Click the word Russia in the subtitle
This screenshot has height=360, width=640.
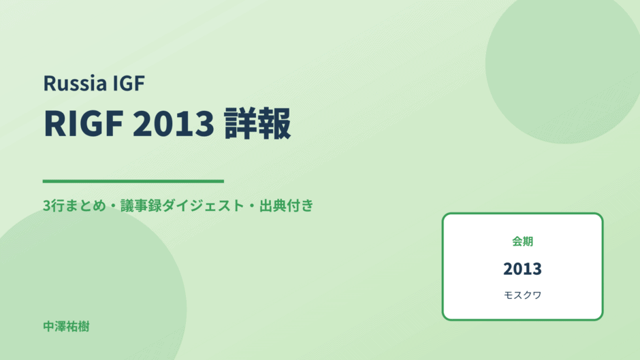click(x=75, y=83)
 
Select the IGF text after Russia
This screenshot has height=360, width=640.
click(x=129, y=83)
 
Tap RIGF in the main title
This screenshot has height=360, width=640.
click(x=84, y=123)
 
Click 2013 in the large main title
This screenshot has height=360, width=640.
click(x=174, y=123)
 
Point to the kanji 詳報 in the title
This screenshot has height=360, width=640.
click(x=257, y=123)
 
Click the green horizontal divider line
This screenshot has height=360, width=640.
click(x=133, y=181)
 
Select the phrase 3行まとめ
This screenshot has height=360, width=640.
click(x=74, y=206)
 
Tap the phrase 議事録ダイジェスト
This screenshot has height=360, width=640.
click(x=182, y=206)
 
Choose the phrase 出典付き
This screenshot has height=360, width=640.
click(x=287, y=206)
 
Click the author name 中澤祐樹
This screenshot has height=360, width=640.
click(x=66, y=327)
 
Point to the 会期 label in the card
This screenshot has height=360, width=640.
click(x=522, y=241)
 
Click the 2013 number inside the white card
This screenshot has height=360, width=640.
click(x=522, y=269)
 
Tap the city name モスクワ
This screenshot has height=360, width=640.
click(x=522, y=295)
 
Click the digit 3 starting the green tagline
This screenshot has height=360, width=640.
click(x=46, y=206)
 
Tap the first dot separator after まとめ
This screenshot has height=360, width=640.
click(x=113, y=206)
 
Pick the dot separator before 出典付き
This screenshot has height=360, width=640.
click(x=252, y=206)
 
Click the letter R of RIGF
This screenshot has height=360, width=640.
click(x=53, y=123)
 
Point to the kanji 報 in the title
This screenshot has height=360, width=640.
click(x=275, y=123)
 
